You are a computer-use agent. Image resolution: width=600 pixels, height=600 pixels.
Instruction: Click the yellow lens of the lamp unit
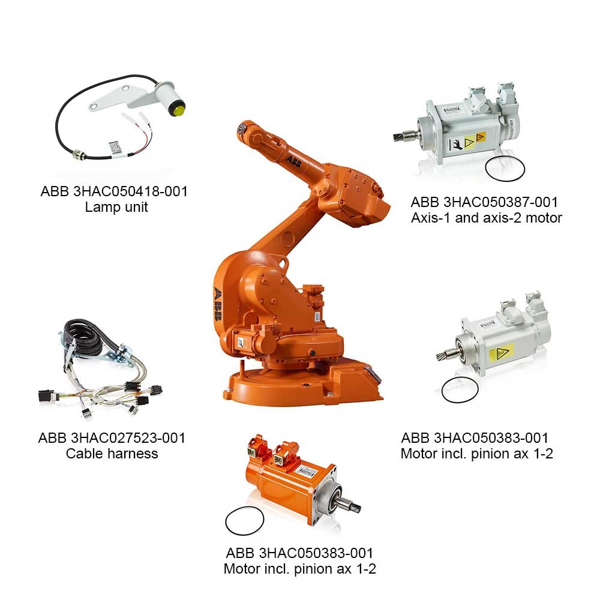(178, 109)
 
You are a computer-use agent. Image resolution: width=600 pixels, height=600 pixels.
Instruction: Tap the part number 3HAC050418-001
(130, 191)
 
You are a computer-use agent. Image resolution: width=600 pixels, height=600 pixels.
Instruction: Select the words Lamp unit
(116, 207)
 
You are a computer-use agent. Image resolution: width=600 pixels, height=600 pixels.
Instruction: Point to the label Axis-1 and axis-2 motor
(487, 218)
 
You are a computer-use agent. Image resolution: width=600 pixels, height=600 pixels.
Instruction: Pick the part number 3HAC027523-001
(128, 438)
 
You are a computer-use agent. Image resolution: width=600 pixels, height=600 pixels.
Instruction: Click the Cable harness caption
(112, 454)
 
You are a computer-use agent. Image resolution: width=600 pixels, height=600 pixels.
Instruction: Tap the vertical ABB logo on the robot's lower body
(217, 304)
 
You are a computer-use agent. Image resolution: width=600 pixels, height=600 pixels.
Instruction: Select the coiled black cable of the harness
(85, 337)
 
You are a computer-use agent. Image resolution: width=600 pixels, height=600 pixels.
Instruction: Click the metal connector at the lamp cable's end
(79, 154)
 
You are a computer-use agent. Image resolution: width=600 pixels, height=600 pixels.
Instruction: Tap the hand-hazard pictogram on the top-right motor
(457, 145)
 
